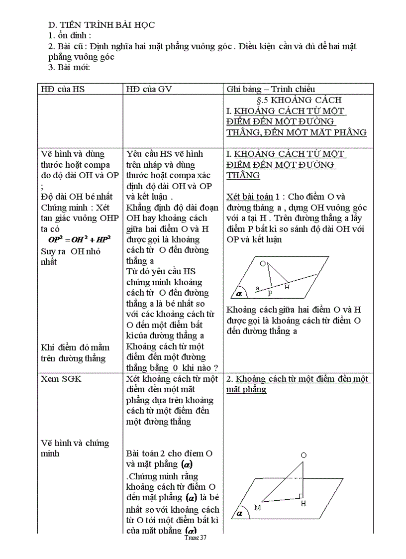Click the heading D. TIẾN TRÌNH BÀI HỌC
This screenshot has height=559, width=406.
pyautogui.click(x=101, y=25)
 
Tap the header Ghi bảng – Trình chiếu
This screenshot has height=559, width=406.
pyautogui.click(x=271, y=89)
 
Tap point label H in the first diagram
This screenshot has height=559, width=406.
pyautogui.click(x=287, y=287)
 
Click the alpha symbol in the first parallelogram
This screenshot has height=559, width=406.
pyautogui.click(x=239, y=294)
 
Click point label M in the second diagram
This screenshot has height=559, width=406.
pyautogui.click(x=257, y=507)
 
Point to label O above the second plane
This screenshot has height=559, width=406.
pyautogui.click(x=304, y=455)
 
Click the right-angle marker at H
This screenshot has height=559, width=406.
pyautogui.click(x=301, y=496)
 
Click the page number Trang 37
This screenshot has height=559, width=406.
pyautogui.click(x=195, y=538)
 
